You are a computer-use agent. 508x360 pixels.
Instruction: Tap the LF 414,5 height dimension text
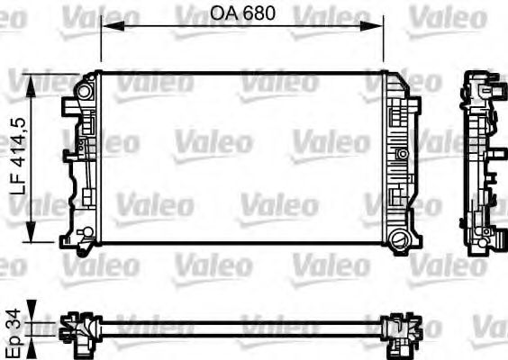(16, 159)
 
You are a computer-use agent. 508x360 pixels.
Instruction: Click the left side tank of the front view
(82, 162)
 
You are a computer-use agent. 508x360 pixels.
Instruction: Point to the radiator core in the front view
(241, 157)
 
